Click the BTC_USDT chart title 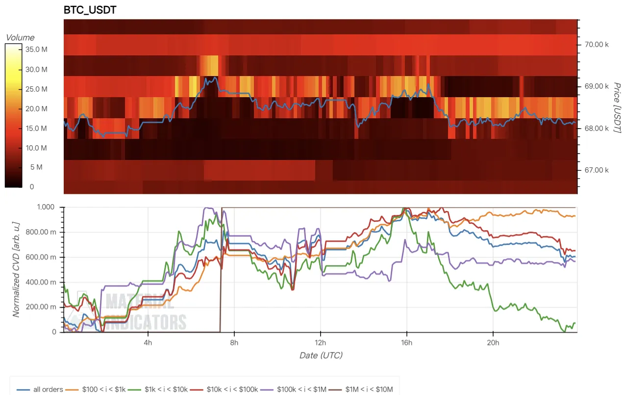click(90, 10)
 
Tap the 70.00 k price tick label click(596, 44)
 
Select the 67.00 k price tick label click(596, 170)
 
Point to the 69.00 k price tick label click(596, 86)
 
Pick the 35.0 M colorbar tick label click(36, 50)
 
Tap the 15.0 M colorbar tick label click(36, 129)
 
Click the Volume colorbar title click(20, 38)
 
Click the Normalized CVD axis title click(16, 269)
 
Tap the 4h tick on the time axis click(149, 342)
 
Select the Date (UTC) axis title click(321, 355)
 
